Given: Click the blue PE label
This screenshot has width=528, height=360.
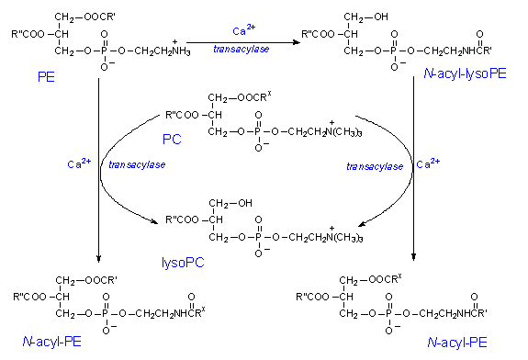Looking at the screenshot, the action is click(x=46, y=77).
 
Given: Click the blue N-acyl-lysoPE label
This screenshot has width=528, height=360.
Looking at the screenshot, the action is click(x=465, y=73).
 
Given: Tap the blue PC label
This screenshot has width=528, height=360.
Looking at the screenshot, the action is click(x=172, y=139).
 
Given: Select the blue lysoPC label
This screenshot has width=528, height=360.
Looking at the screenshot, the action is click(x=183, y=263).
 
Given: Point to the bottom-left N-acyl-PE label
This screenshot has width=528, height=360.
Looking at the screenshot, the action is click(x=51, y=342).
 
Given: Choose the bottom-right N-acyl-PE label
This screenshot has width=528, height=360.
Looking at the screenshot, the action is click(x=457, y=343).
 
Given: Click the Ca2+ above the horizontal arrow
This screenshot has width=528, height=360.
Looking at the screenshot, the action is click(x=243, y=29).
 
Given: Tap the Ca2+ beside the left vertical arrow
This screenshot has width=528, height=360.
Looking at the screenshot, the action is click(x=79, y=163).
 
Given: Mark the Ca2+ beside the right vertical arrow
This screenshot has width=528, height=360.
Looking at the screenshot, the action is click(x=428, y=163).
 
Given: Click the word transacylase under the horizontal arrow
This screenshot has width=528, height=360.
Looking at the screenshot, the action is click(x=242, y=50).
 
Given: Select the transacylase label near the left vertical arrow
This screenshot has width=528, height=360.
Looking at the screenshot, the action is click(x=137, y=164).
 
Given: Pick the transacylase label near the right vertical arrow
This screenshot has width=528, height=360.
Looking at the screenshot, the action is click(x=375, y=166).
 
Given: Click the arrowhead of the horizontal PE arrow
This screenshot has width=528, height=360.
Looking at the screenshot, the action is click(x=297, y=42).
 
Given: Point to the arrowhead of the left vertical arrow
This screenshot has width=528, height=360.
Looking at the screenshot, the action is click(x=98, y=258).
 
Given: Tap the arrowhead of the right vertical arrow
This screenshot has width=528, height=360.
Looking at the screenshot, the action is click(x=413, y=256).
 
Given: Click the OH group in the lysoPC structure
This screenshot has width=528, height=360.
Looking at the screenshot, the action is click(x=245, y=203).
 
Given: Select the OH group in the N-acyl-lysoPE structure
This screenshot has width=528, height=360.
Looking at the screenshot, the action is click(x=381, y=17).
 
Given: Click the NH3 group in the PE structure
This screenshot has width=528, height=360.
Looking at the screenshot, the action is click(x=181, y=50).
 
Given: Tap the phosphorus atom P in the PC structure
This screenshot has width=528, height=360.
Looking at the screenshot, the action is click(x=258, y=131).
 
